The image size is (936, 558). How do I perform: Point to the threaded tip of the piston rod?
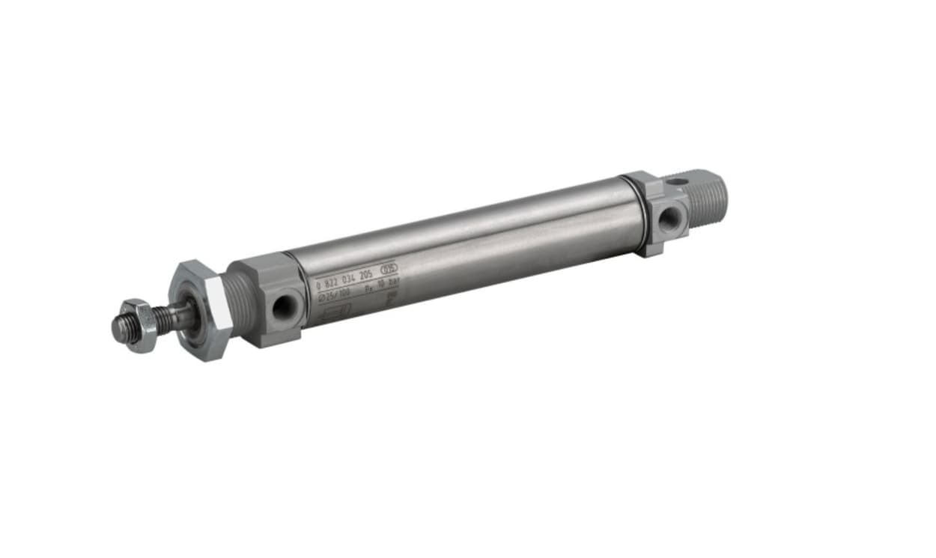point(120,328)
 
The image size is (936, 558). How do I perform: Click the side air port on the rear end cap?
point(669,219)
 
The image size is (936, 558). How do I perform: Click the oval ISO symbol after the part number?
point(389,267)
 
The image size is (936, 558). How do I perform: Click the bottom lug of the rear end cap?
point(651,247)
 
